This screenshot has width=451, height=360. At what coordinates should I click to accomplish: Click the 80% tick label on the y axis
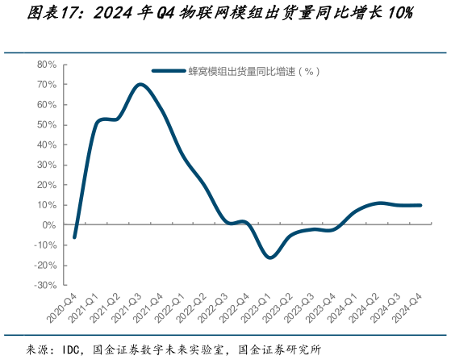coord(44,64)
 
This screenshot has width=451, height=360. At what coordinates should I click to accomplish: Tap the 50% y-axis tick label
coord(44,124)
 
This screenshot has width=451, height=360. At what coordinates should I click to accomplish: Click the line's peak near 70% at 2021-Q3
coord(140,84)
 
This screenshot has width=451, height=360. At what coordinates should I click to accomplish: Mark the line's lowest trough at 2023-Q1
coord(269,257)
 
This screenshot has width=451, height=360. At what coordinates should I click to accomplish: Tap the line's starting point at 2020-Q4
coord(74,237)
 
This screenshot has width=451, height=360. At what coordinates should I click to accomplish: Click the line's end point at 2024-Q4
coord(420,205)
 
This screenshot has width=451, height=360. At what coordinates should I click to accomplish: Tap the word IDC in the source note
coord(72,350)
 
